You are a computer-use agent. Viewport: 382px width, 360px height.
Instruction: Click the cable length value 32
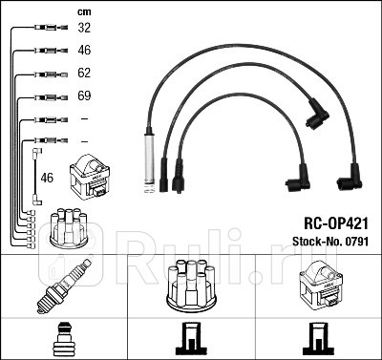83,30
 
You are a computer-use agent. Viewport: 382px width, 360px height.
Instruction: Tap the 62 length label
83,72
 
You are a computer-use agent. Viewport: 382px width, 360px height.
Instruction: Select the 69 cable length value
83,96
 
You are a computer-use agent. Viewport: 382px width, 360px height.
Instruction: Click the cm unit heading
83,11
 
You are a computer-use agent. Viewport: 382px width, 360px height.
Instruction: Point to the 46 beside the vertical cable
47,178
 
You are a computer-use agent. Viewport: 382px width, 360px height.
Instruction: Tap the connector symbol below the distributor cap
190,340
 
